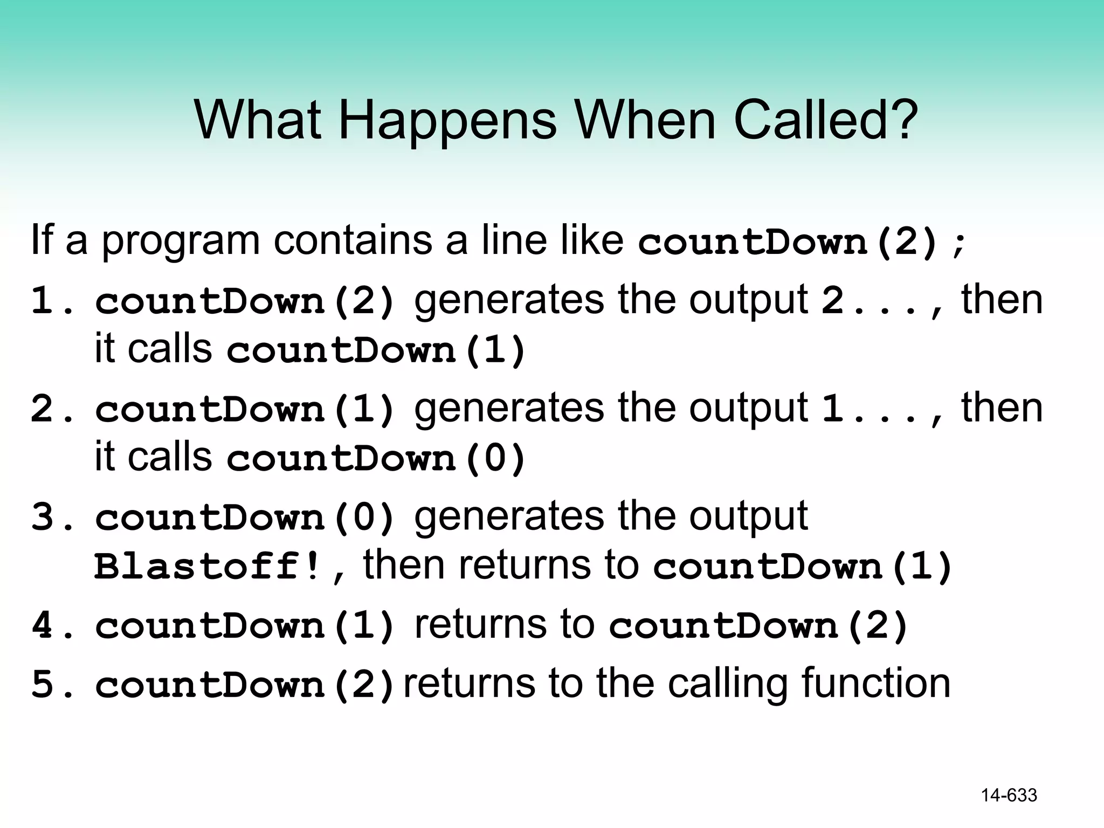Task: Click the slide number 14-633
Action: pyautogui.click(x=1009, y=796)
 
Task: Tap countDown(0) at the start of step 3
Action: pyautogui.click(x=245, y=517)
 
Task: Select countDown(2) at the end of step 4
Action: pyautogui.click(x=758, y=626)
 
